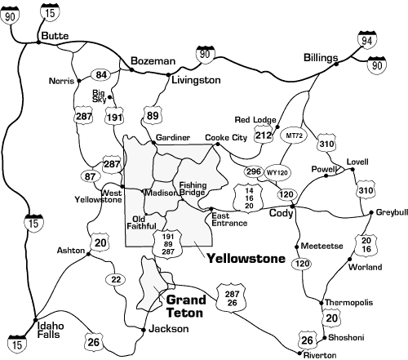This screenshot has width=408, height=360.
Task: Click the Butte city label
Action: point(55,37)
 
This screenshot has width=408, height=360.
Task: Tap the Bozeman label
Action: point(153,61)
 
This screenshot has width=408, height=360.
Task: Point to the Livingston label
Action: point(196,81)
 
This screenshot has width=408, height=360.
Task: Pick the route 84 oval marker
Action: point(102,74)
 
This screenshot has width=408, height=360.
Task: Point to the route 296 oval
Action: point(253,172)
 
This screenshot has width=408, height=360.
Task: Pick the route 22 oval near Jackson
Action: point(117,279)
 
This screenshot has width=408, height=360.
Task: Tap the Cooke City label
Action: point(225,138)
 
